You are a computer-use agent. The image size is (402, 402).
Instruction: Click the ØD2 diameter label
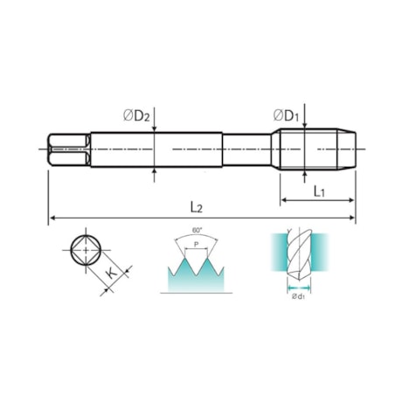click(136, 116)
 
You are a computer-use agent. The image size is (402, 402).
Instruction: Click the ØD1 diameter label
click(286, 115)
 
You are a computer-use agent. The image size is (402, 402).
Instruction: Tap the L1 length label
click(319, 191)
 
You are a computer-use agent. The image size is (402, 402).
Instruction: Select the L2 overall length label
click(197, 207)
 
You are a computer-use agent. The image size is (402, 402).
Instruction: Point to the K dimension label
click(111, 274)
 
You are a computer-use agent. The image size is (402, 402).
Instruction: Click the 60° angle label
click(197, 230)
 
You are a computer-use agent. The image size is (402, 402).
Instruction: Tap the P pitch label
click(197, 244)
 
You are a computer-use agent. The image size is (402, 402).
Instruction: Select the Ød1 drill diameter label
click(299, 296)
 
